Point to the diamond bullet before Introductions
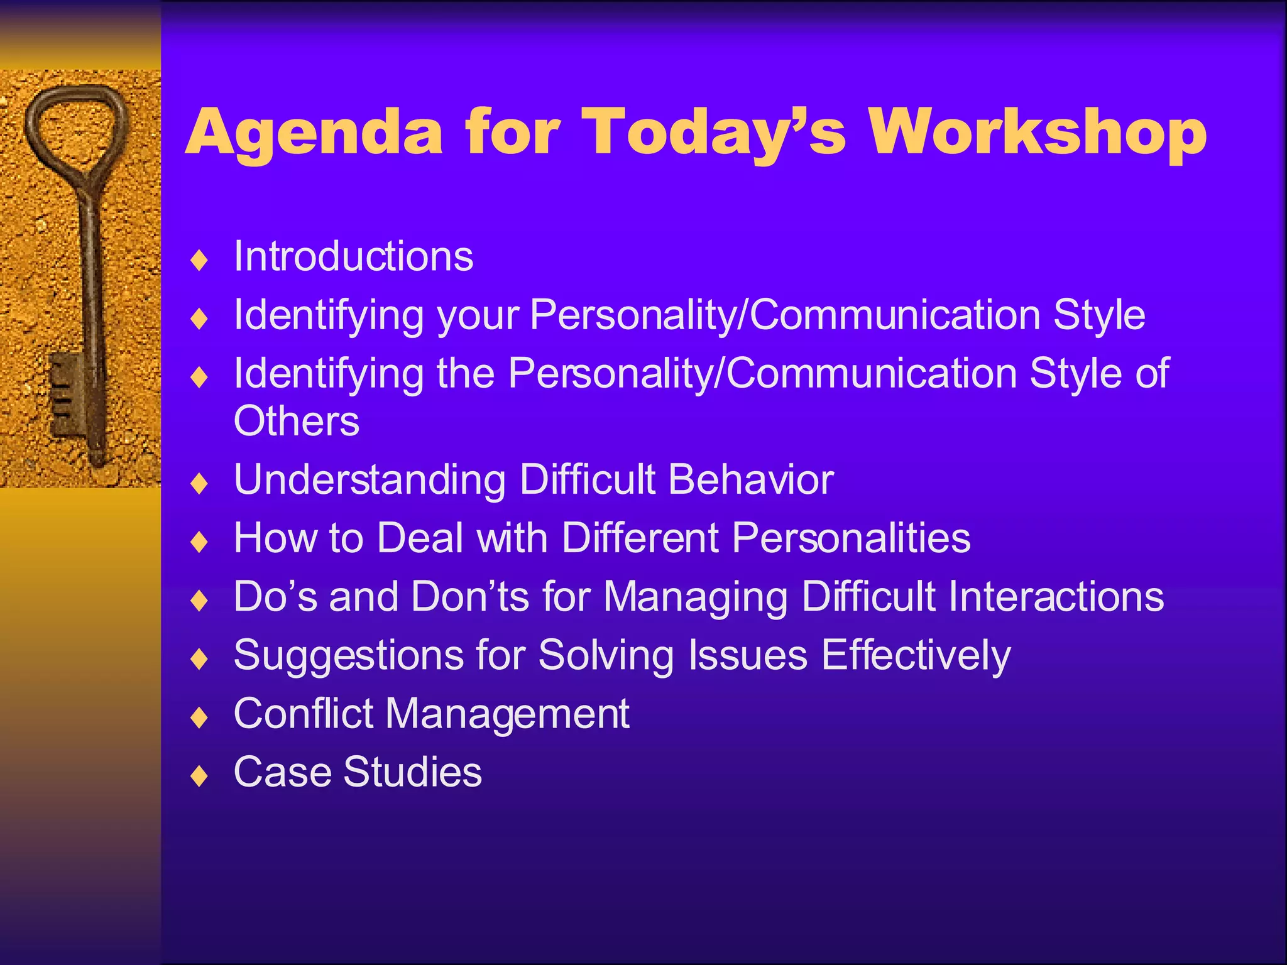click(x=199, y=260)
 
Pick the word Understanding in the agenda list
click(x=370, y=480)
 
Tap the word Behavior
click(x=751, y=480)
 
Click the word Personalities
click(x=852, y=538)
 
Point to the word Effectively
click(x=916, y=656)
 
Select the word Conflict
click(x=304, y=714)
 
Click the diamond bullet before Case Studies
click(x=199, y=776)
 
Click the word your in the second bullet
click(x=478, y=315)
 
